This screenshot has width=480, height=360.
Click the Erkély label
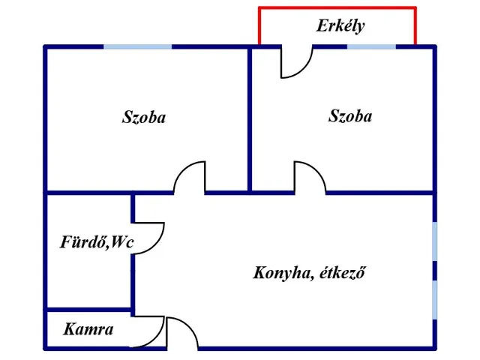340,26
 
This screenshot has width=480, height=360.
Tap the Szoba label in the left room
144,118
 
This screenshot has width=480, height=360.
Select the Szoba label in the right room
350,116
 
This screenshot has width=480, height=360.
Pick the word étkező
341,273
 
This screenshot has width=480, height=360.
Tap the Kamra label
88,328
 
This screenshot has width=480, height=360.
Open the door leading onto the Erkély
295,63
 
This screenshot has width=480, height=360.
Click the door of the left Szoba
189,178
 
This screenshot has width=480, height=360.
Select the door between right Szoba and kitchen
309,178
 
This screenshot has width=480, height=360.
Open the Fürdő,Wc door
148,238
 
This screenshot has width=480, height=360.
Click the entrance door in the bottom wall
181,334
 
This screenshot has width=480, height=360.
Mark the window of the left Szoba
137,47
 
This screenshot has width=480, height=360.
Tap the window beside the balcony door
371,47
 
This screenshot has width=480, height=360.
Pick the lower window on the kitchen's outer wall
435,298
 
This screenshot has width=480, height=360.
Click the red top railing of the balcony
337,8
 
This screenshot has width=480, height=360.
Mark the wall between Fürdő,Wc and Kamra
88,309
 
